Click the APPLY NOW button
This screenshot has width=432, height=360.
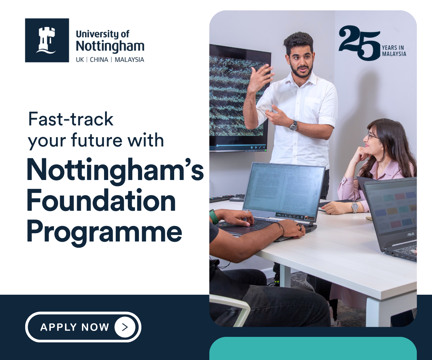[x=83, y=327]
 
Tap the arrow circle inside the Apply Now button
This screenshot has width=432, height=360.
[x=125, y=327]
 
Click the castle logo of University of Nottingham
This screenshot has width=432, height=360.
[x=47, y=40]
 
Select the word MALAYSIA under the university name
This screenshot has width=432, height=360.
[x=129, y=60]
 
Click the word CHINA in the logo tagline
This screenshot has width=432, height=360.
[x=99, y=60]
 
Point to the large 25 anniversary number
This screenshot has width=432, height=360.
[x=359, y=42]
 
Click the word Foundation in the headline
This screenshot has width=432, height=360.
[x=101, y=201]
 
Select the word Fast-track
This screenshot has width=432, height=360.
[x=71, y=120]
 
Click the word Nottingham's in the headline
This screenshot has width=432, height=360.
[x=115, y=170]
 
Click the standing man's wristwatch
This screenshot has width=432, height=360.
[x=293, y=126]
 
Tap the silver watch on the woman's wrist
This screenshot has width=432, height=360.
[x=355, y=207]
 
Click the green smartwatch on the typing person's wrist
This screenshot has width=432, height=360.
[x=214, y=217]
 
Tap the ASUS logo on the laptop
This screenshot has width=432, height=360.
[x=410, y=234]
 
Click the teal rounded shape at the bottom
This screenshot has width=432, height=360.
[x=313, y=349]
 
